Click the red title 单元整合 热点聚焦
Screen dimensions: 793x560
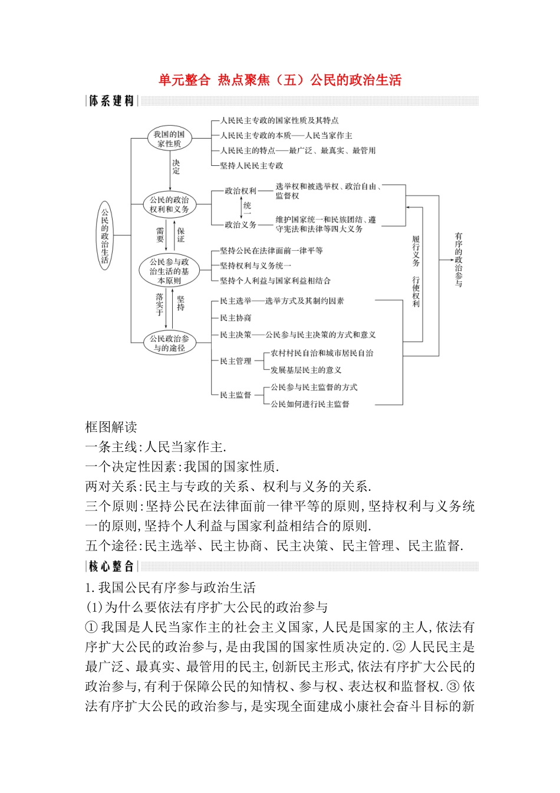point(279,80)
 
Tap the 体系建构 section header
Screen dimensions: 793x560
point(111,101)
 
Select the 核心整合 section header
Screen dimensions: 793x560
point(111,566)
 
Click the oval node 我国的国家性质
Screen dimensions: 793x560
point(169,139)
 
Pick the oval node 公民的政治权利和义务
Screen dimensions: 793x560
point(169,205)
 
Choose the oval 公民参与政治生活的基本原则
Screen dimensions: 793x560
point(169,271)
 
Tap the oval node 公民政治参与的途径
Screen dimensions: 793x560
point(169,343)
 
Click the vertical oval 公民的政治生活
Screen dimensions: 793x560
point(105,235)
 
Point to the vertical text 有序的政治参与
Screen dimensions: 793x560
point(459,260)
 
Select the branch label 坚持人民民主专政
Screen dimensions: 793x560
point(252,166)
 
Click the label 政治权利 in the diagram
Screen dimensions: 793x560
point(241,191)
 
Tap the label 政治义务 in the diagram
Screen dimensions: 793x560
point(241,225)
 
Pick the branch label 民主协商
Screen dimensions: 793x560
point(236,318)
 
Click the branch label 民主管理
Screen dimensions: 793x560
point(236,361)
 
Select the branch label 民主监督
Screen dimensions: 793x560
point(236,395)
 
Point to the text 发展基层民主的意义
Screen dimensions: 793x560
point(306,370)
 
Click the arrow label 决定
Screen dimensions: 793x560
point(176,167)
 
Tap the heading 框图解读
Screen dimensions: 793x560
point(111,427)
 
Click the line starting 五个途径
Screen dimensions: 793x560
point(274,546)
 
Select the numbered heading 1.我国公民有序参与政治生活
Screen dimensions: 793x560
point(170,588)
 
